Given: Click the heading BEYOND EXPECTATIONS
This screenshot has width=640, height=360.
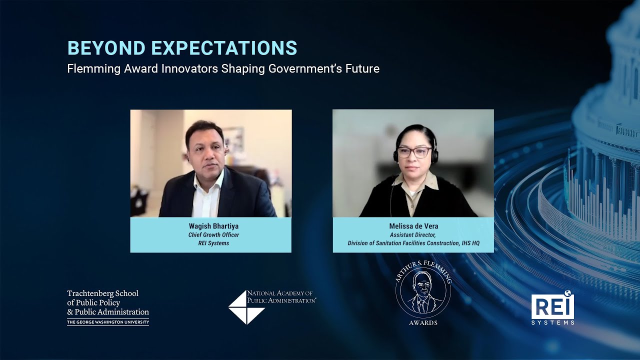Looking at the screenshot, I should pos(182,48).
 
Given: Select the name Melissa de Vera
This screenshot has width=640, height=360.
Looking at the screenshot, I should pos(413,226).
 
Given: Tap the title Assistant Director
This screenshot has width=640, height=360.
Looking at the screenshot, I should pos(413,235).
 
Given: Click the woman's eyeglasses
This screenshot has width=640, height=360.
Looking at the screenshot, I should pos(414,151).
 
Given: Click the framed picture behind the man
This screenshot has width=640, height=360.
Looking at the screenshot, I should pos(233,139).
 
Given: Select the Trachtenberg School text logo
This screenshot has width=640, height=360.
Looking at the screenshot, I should pos(107,302).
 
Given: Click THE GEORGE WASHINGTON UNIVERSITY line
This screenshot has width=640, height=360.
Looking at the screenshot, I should pos(108,322).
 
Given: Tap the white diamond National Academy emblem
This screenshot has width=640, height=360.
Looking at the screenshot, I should pos(246,307).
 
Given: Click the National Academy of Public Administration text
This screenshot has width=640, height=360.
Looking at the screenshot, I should pos(281,296).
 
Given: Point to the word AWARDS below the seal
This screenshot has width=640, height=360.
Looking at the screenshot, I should pos(423,323).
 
